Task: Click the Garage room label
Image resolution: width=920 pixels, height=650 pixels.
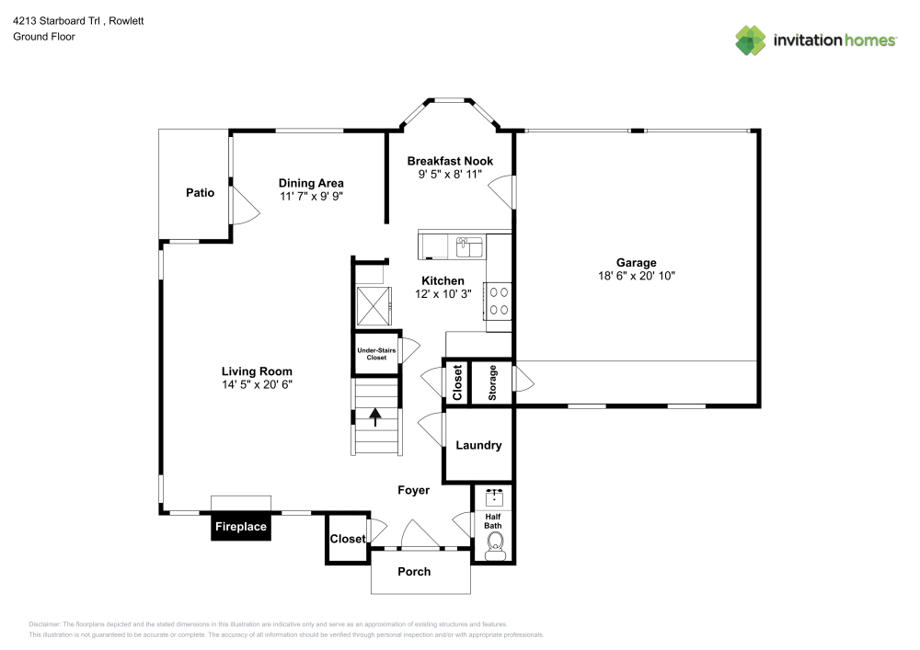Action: [x=636, y=263]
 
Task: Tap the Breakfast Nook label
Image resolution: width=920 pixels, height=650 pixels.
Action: [x=450, y=161]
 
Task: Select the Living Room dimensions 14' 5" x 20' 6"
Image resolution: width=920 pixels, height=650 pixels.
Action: [x=257, y=384]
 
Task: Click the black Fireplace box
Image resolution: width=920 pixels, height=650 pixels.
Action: [x=240, y=526]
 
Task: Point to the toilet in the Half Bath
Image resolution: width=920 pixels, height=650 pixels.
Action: [x=494, y=547]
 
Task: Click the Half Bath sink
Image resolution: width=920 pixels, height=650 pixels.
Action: [x=494, y=497]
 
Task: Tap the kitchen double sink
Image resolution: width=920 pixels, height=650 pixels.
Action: [x=469, y=247]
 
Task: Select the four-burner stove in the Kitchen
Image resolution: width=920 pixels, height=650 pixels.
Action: [x=498, y=302]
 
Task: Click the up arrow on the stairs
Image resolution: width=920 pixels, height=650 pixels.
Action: [x=375, y=417]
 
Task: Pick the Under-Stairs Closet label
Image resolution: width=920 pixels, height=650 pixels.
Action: [x=376, y=353]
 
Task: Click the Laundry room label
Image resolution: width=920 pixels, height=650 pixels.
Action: [x=478, y=446]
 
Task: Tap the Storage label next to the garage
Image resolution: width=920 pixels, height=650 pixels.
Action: [x=492, y=382]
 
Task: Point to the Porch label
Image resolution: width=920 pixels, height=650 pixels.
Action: [x=414, y=572]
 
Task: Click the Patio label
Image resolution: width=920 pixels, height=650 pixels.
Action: [x=200, y=193]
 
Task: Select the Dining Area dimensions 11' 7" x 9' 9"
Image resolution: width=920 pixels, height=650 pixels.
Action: [x=311, y=197]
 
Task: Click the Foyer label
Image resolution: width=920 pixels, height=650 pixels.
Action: [x=414, y=490]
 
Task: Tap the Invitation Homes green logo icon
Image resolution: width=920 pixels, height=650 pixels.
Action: [x=751, y=40]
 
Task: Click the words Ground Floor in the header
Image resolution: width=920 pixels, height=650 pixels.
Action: [x=44, y=37]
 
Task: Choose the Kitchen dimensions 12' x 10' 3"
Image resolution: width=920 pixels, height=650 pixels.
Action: [x=443, y=294]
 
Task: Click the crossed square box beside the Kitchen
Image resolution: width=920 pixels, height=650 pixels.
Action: [x=374, y=306]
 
